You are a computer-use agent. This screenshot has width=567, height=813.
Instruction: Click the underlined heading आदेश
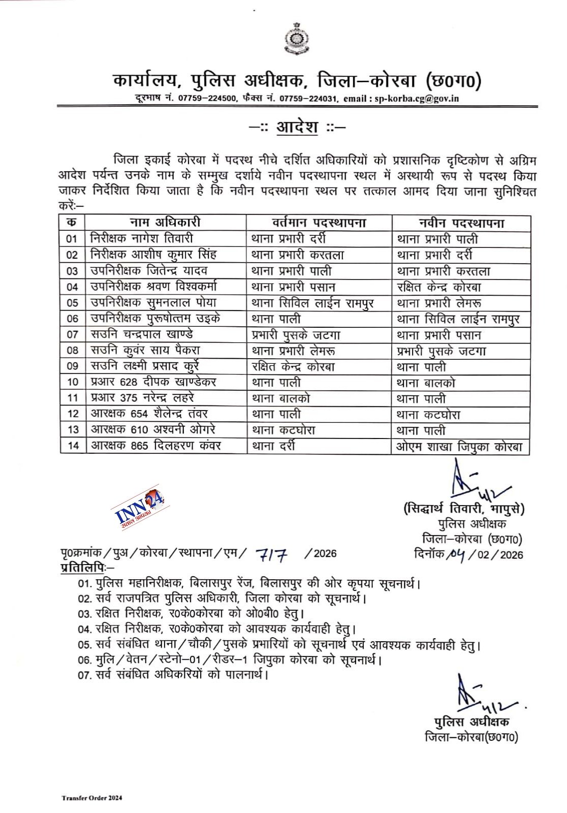(297, 127)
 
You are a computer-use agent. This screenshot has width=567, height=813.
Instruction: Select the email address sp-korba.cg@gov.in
(417, 99)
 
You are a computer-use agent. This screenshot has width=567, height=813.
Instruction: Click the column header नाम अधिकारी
(165, 223)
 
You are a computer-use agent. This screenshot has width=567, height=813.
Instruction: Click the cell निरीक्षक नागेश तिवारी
(142, 238)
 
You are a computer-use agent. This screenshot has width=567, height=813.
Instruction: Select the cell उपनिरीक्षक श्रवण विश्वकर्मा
(154, 287)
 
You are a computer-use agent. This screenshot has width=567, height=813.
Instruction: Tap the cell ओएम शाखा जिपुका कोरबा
(459, 447)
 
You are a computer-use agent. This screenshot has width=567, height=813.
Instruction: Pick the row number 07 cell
(72, 334)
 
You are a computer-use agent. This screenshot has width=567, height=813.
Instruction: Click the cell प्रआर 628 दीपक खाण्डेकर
(153, 382)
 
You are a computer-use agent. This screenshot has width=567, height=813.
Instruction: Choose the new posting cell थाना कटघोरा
(428, 415)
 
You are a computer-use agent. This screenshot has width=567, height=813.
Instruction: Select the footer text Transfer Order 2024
(92, 798)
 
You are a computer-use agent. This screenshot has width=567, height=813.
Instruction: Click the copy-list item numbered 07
(173, 675)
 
